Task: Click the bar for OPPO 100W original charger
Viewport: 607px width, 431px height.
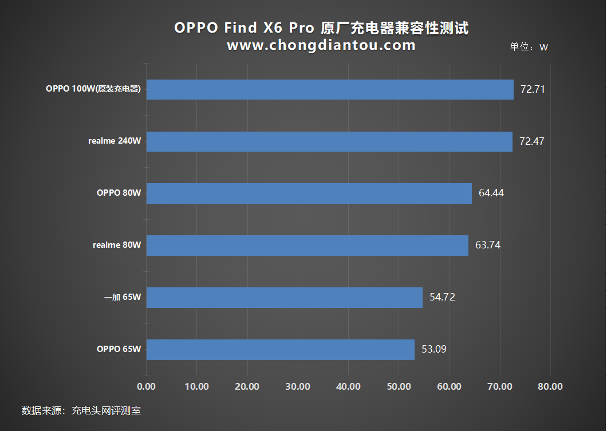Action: coord(330,89)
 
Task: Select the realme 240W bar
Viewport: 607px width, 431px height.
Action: coord(329,141)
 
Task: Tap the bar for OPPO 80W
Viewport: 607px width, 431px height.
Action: coord(309,193)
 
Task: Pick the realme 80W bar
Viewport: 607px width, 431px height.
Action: coord(308,246)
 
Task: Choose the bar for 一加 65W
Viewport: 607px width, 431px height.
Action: coord(285,298)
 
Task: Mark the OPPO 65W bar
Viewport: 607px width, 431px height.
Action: coord(281,350)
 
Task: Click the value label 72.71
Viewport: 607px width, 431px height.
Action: coord(533,89)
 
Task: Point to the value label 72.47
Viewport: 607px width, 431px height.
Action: coord(531,141)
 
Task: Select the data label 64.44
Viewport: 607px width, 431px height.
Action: coord(491,193)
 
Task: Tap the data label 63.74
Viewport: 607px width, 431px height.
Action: coord(488,246)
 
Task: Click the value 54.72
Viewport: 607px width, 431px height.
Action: coord(442,298)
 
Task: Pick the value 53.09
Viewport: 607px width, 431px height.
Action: coord(434,350)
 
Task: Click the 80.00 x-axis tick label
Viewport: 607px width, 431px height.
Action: coord(550,387)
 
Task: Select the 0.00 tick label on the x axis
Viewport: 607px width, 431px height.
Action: coord(147,387)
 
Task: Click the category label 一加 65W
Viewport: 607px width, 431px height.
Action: coord(123,298)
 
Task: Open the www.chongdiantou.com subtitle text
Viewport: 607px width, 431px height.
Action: coord(321,46)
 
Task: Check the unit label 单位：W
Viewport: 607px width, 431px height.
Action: coord(529,47)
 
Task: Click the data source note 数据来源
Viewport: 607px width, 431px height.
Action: coord(81,410)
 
